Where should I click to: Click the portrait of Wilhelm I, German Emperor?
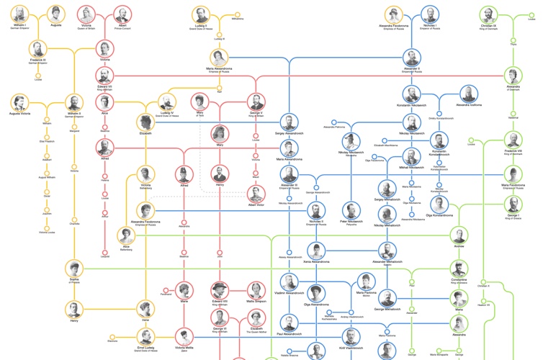[19, 14]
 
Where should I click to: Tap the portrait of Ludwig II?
[200, 14]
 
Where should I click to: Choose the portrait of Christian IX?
[489, 14]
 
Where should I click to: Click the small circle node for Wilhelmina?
[238, 14]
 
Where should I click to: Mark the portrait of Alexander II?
[411, 57]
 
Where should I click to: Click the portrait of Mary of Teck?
[199, 102]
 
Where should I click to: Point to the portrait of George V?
[256, 102]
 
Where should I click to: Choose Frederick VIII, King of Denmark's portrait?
[513, 140]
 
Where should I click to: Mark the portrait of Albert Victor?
[256, 193]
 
